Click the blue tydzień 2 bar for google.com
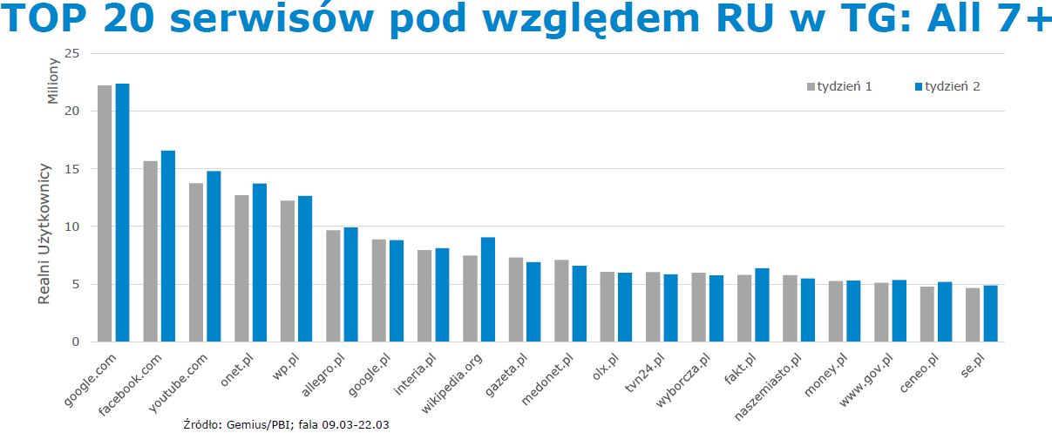click(122, 213)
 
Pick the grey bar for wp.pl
click(287, 271)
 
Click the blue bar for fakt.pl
click(762, 305)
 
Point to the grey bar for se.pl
click(972, 315)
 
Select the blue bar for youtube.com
click(214, 256)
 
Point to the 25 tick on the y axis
click(72, 54)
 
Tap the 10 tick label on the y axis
click(72, 227)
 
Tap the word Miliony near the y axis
click(53, 80)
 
